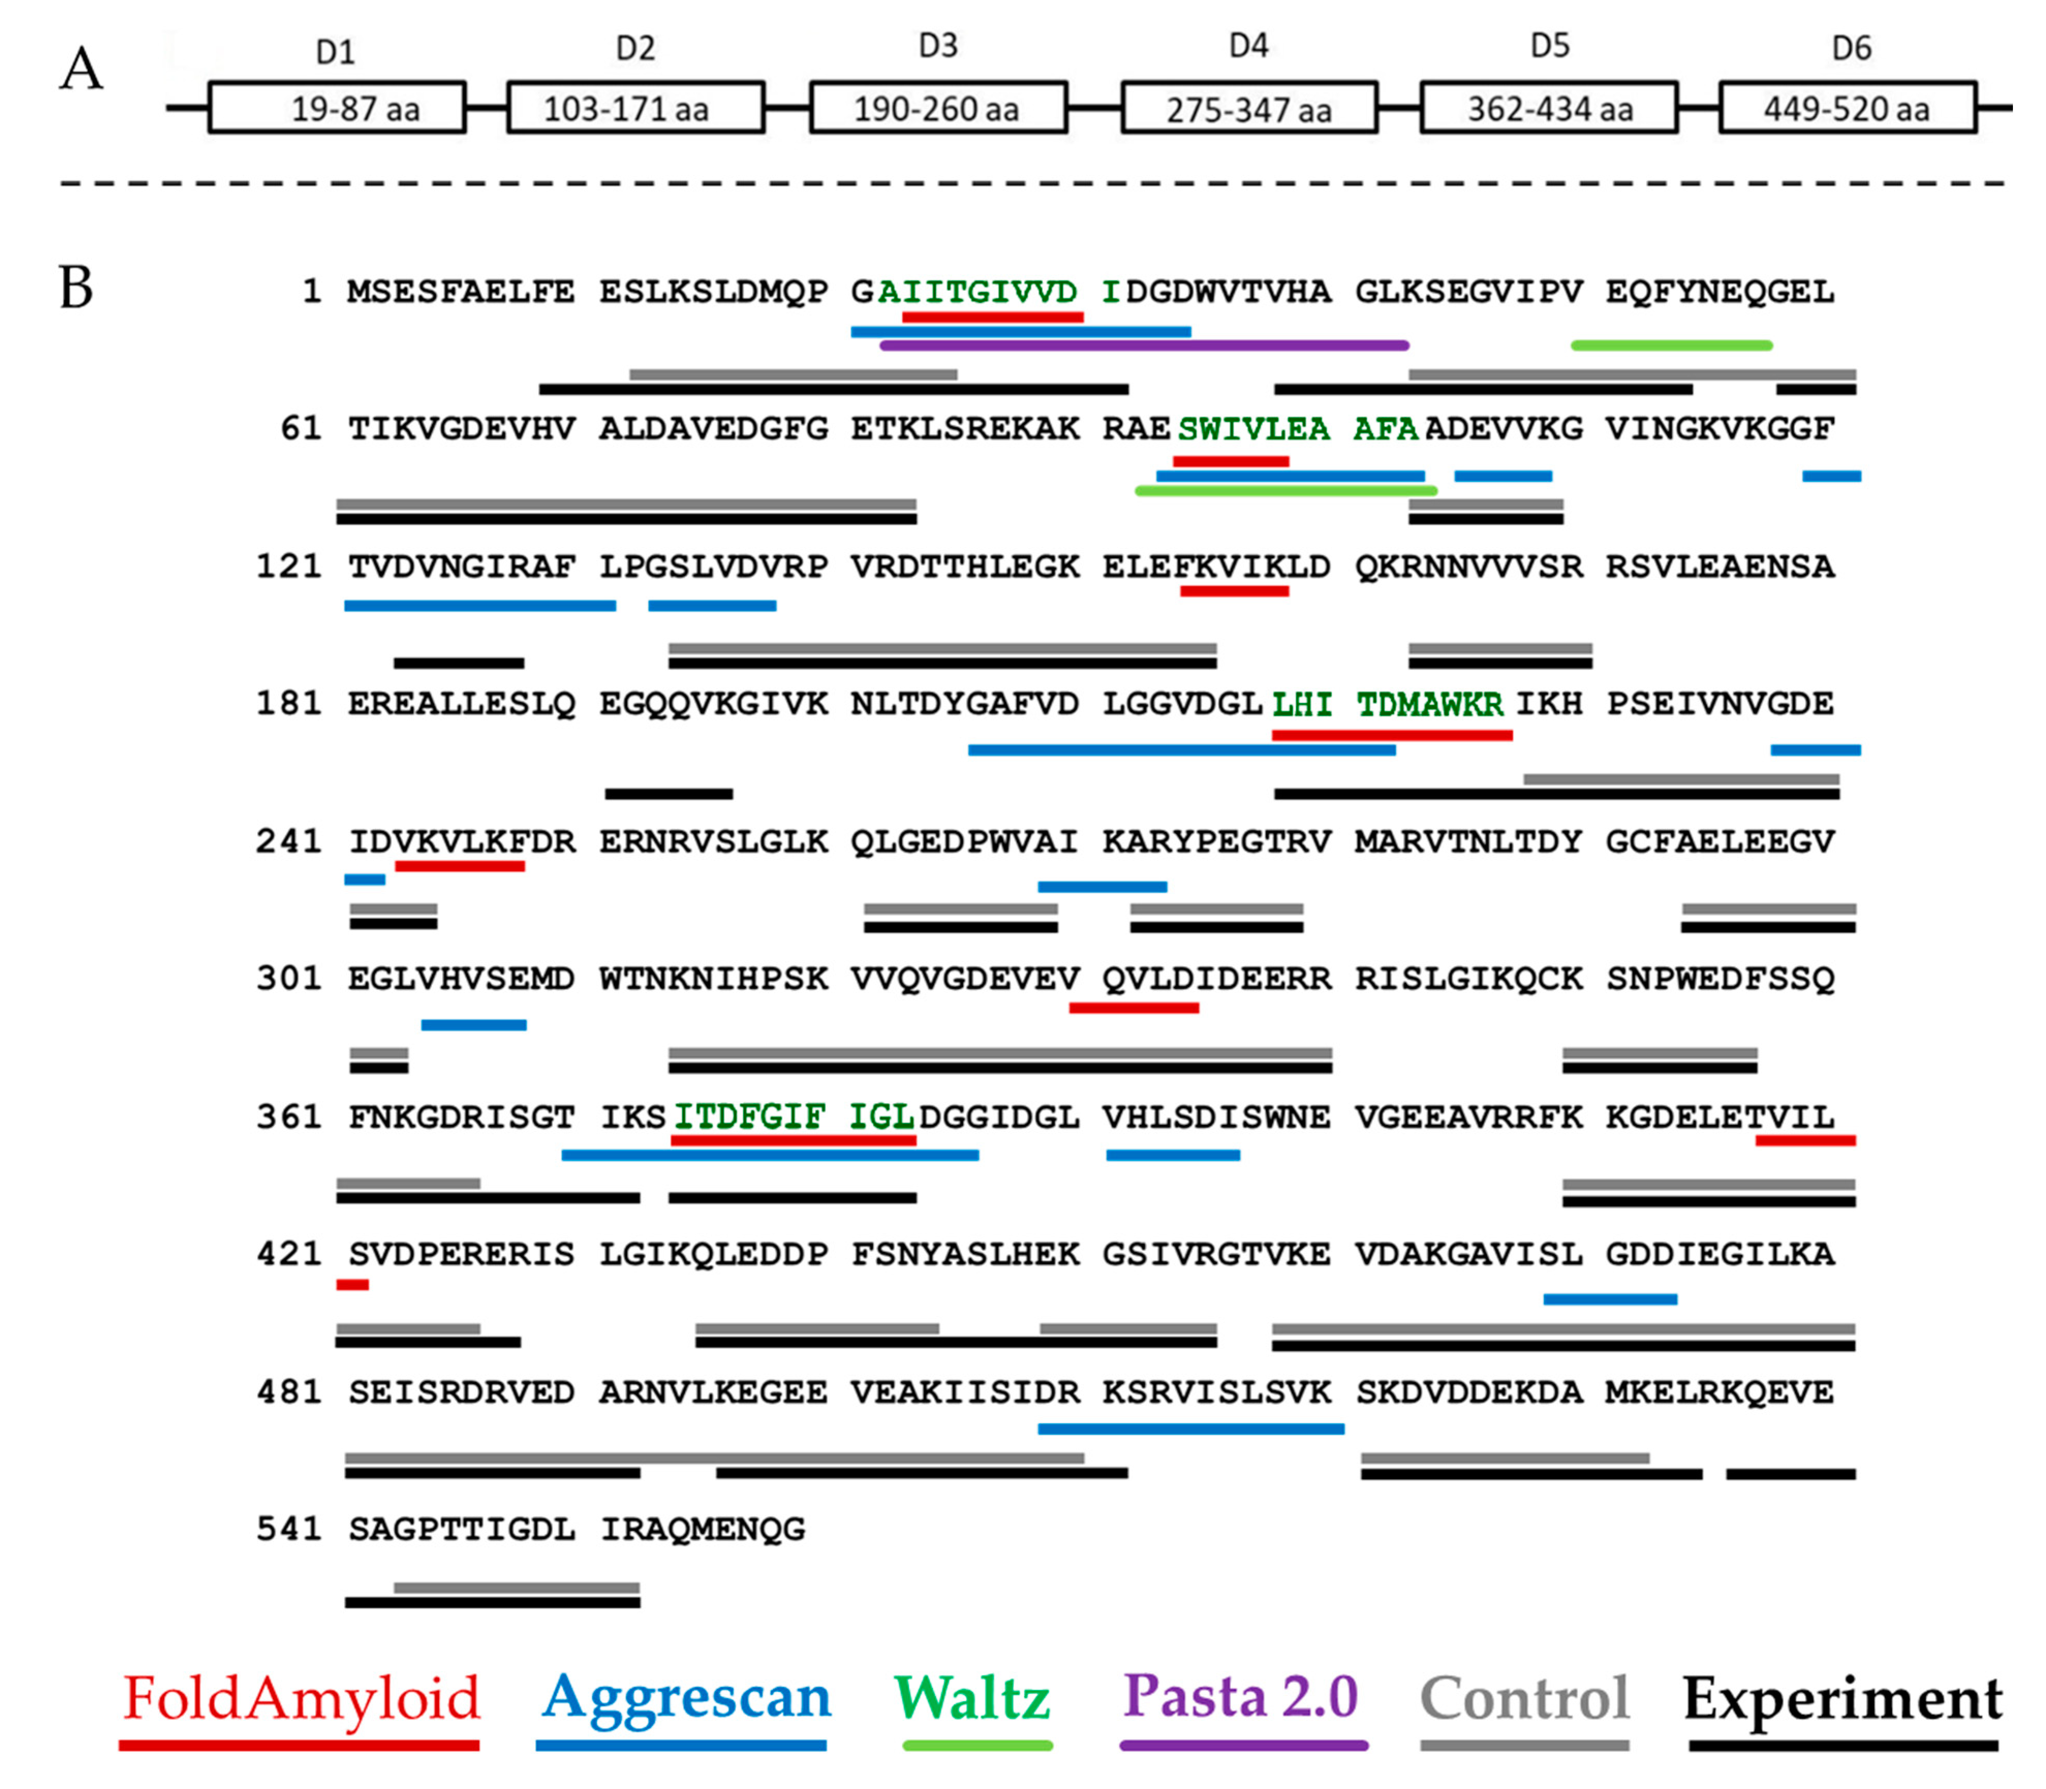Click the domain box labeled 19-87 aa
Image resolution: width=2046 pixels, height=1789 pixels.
[336, 107]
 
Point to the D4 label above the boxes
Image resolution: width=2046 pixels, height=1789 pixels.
[1248, 46]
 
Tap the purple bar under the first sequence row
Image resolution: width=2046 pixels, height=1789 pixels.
[1144, 346]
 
